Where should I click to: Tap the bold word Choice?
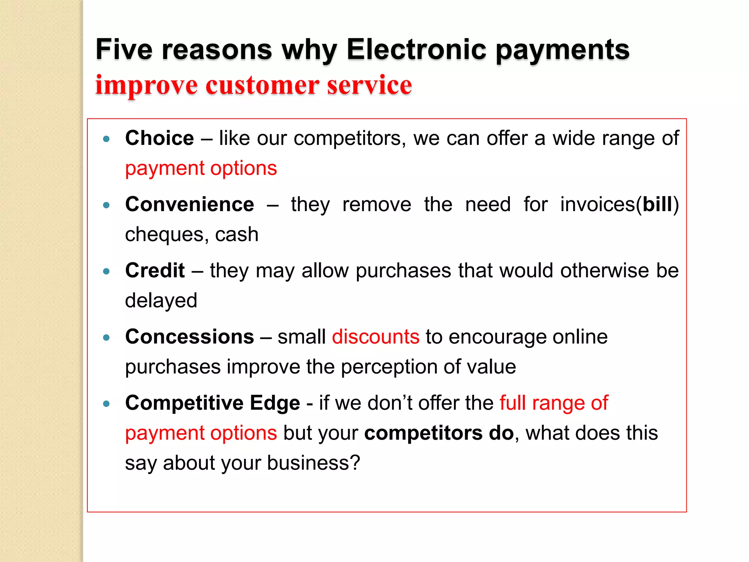click(x=159, y=138)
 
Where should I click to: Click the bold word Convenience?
click(x=189, y=204)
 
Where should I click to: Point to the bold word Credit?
click(x=155, y=270)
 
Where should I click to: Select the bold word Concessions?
click(x=189, y=337)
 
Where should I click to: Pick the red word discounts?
click(x=376, y=337)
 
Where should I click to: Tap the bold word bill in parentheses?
click(x=658, y=204)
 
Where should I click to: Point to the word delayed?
click(x=161, y=300)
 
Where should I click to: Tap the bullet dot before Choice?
click(x=106, y=139)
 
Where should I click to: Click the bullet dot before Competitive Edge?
click(x=106, y=404)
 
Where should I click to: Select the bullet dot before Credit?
click(x=106, y=271)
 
